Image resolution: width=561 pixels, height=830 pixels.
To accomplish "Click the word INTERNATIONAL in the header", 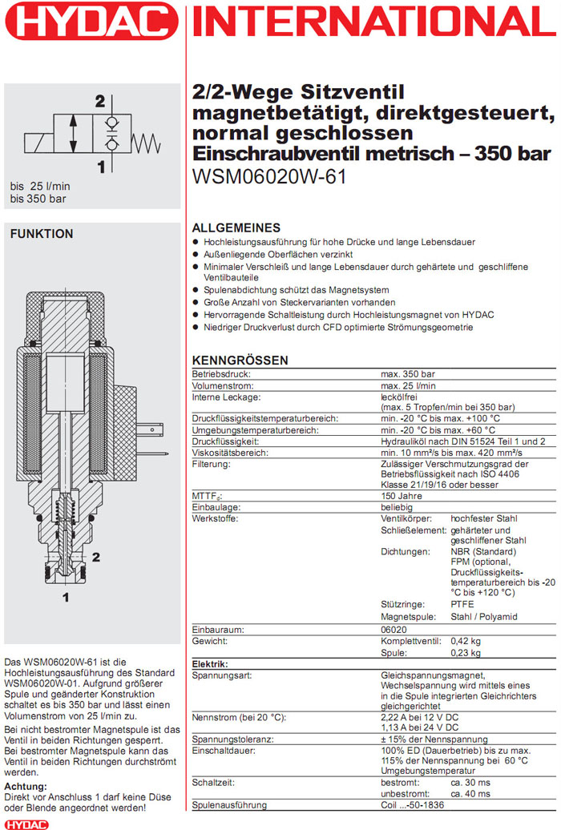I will click(x=373, y=22).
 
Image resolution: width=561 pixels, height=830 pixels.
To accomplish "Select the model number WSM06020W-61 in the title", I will click(x=269, y=176).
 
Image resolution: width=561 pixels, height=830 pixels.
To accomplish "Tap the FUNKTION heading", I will click(x=40, y=234).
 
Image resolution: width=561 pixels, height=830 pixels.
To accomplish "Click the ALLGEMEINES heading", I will click(x=236, y=228).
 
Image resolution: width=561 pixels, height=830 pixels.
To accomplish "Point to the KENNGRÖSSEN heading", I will click(x=240, y=361).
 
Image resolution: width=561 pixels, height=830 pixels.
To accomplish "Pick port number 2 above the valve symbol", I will click(x=99, y=102).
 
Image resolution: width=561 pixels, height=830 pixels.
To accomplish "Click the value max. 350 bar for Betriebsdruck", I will click(x=407, y=374).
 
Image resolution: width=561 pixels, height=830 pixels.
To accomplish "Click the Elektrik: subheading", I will click(x=210, y=664).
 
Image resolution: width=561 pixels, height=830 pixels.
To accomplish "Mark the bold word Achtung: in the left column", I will click(x=26, y=786).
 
